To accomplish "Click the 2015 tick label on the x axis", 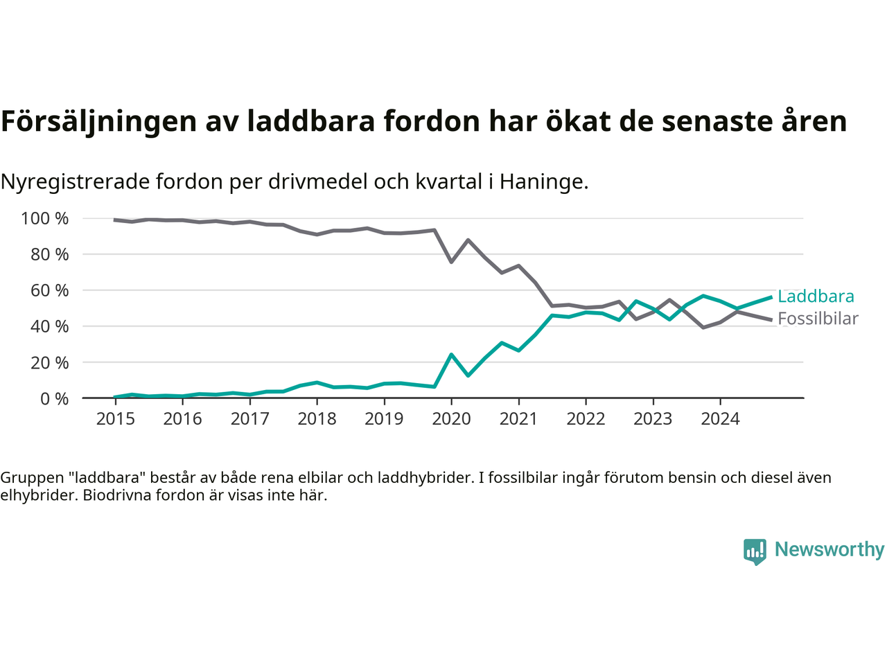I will point(116,418).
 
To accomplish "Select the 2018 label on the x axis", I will point(317,418).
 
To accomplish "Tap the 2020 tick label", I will point(451,418).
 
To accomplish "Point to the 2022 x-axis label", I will point(586,418).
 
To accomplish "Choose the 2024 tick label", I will point(720,418).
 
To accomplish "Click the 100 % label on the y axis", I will point(45,219).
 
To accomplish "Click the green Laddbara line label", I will point(816,296).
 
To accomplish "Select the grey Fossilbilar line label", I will point(818,319).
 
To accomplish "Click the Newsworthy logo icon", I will point(755,551).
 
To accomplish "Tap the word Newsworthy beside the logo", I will point(829,549).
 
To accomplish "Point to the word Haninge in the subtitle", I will point(543,181).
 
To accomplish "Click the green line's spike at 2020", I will point(451,355).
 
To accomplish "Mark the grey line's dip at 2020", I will point(451,261).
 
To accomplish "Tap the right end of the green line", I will point(771,297).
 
